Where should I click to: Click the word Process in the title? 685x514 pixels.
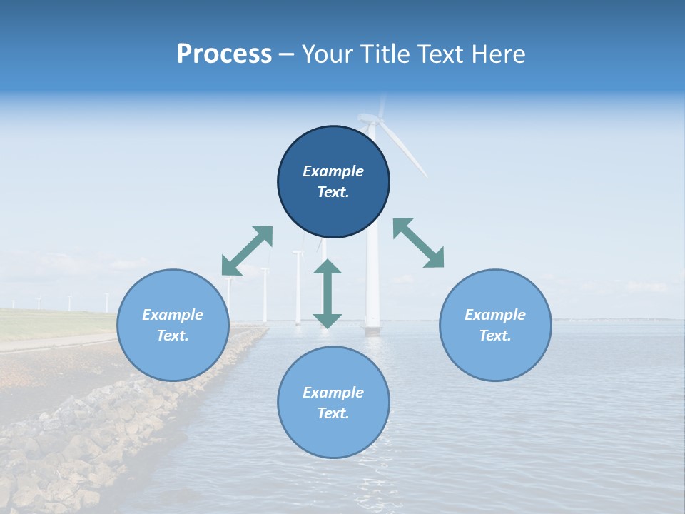[x=224, y=54]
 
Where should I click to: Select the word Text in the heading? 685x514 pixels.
[x=440, y=54]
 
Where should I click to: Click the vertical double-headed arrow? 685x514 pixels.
[x=328, y=293]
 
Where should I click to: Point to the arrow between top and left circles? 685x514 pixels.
[x=247, y=251]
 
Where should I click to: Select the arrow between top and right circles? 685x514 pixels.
[x=418, y=243]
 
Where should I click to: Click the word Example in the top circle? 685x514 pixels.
[x=333, y=171]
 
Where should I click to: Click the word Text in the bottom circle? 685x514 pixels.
[x=333, y=413]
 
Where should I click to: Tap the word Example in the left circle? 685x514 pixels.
[x=173, y=315]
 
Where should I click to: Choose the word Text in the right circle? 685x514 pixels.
[x=495, y=336]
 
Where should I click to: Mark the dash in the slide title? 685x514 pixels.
[x=287, y=55]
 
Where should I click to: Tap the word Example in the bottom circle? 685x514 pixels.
[x=333, y=393]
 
